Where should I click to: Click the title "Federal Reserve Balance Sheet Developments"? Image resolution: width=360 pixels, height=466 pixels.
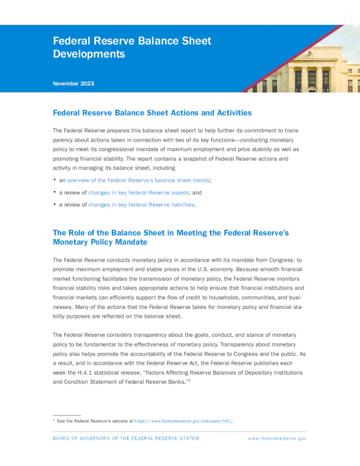pos(132,48)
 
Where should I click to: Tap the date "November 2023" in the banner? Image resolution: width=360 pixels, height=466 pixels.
pos(73,84)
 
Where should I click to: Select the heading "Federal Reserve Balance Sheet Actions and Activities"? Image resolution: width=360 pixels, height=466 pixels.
pos(152,112)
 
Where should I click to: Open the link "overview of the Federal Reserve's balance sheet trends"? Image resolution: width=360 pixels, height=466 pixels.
pos(139,180)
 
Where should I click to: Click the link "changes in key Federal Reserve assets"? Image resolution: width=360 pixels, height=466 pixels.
pos(138,192)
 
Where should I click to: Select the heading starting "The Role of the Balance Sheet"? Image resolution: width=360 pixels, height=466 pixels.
pos(171,237)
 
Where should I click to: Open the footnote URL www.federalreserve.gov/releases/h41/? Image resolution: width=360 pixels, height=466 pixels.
pos(184,421)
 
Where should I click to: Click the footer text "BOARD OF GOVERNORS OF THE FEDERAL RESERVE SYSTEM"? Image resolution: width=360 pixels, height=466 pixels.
pos(126,438)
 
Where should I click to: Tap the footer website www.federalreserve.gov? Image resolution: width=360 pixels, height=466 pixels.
pos(277,438)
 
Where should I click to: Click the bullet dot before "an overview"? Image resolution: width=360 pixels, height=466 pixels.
pos(55,179)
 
